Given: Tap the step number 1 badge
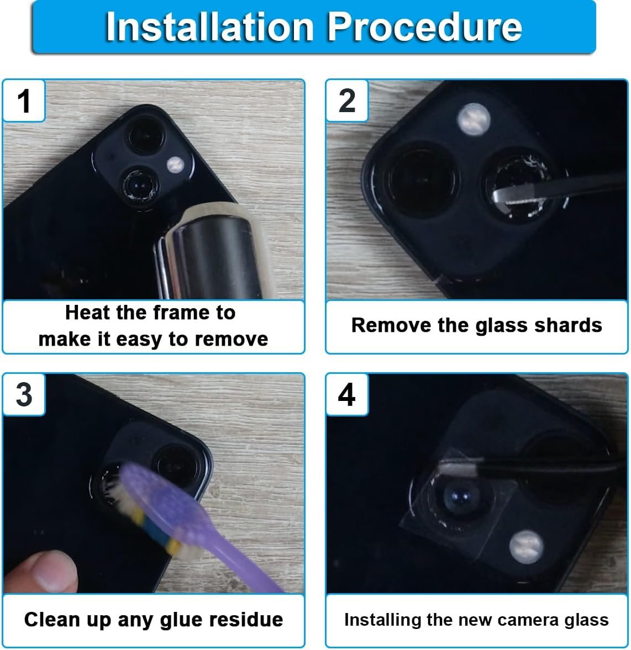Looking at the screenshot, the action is point(24,101).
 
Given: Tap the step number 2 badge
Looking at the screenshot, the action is point(347,101).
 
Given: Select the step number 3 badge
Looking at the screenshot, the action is point(24,394).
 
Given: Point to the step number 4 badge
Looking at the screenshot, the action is point(347,394).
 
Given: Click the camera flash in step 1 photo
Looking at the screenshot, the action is point(176,165).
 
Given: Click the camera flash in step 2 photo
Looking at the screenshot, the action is point(474,119).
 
